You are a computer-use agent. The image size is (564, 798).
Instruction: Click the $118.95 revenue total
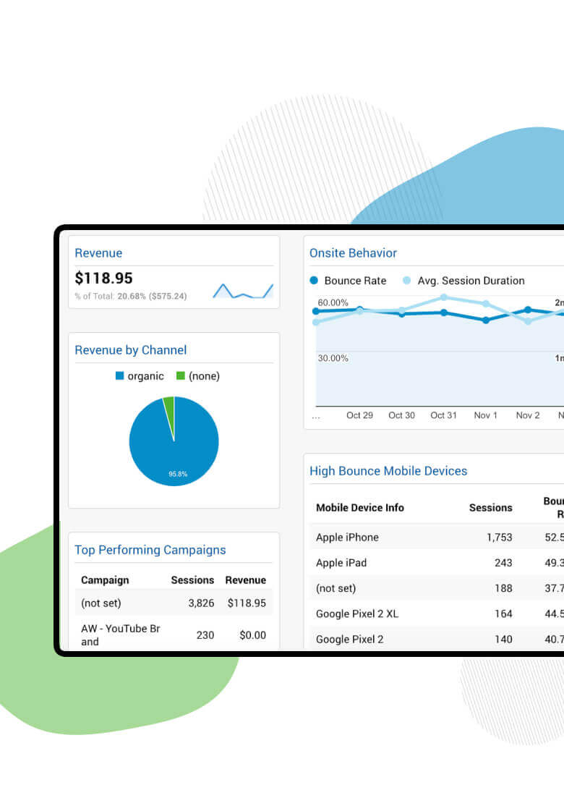pyautogui.click(x=103, y=279)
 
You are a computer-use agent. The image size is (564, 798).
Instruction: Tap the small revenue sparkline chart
pyautogui.click(x=243, y=291)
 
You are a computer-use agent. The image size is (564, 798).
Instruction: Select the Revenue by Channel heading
pyautogui.click(x=131, y=350)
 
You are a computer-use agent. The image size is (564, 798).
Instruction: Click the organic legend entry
pyautogui.click(x=140, y=376)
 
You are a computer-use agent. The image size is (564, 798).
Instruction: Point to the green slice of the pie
pyautogui.click(x=169, y=407)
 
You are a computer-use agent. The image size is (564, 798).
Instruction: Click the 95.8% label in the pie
pyautogui.click(x=178, y=474)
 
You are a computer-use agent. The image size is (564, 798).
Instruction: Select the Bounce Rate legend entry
pyautogui.click(x=348, y=281)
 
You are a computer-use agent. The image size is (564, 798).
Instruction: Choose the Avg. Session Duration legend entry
pyautogui.click(x=463, y=281)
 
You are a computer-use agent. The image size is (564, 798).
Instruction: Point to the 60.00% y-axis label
pyautogui.click(x=333, y=302)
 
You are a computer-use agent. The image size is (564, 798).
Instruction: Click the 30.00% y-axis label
pyautogui.click(x=333, y=358)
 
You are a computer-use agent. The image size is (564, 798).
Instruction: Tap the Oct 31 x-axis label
pyautogui.click(x=443, y=415)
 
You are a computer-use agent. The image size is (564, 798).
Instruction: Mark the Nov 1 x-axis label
pyautogui.click(x=485, y=415)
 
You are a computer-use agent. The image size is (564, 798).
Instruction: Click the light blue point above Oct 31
pyautogui.click(x=443, y=297)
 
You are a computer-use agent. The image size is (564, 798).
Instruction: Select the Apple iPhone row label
pyautogui.click(x=347, y=538)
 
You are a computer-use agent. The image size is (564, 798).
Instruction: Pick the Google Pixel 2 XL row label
pyautogui.click(x=357, y=614)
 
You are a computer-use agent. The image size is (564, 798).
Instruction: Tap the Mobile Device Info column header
pyautogui.click(x=360, y=508)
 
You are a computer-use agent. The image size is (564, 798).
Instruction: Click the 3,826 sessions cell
pyautogui.click(x=201, y=603)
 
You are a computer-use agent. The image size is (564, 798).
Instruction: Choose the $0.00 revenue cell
pyautogui.click(x=252, y=635)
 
